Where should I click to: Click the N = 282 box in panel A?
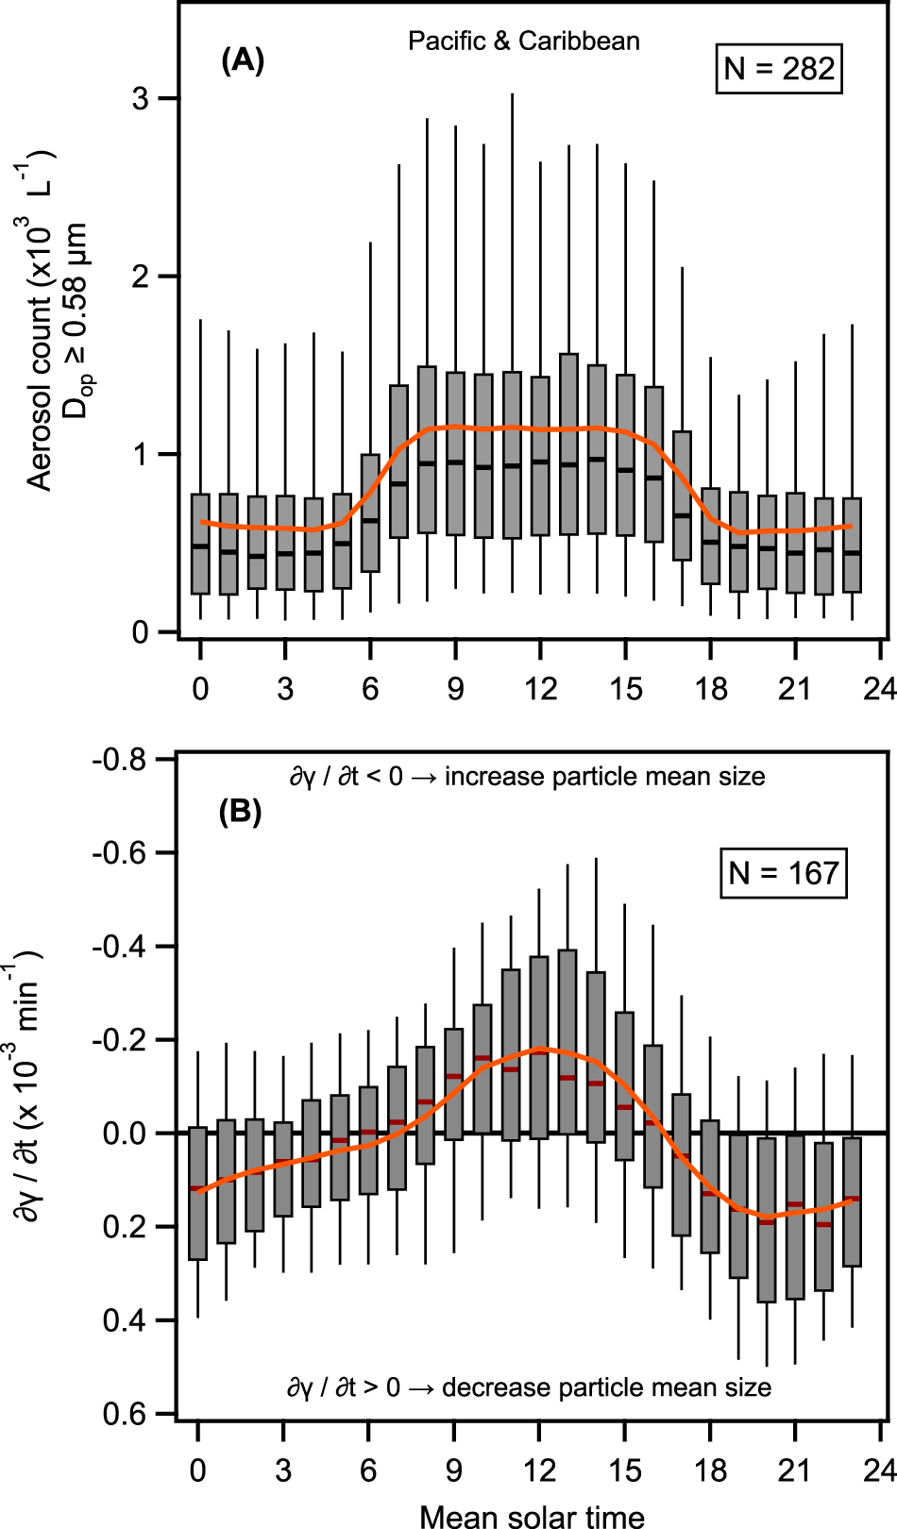click(x=779, y=69)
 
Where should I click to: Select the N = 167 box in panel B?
click(x=783, y=873)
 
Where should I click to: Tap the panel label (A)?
click(x=242, y=60)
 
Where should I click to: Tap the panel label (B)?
click(x=240, y=812)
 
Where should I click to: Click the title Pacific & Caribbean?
click(x=524, y=42)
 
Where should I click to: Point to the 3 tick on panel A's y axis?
click(x=140, y=98)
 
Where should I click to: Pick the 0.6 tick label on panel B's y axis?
click(x=125, y=1414)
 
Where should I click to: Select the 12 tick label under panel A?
click(x=540, y=689)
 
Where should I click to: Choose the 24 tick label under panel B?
click(x=879, y=1470)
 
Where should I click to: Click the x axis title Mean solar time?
click(x=532, y=1516)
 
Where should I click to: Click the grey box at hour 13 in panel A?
click(x=568, y=444)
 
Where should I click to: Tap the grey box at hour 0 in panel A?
click(x=200, y=544)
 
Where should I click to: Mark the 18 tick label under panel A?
click(x=711, y=689)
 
